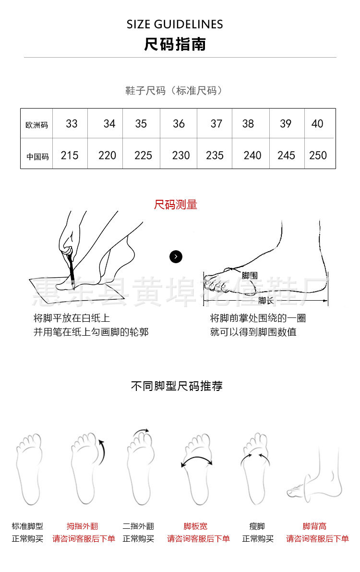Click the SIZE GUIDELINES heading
point(175,24)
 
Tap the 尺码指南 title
point(175,44)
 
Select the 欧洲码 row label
point(36,125)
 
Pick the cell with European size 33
point(72,124)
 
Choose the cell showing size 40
point(317,124)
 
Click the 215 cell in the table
point(70,156)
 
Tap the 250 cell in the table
point(318,156)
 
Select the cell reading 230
point(181,156)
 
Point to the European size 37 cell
point(216,124)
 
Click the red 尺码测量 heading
point(176,205)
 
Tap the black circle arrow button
point(176,257)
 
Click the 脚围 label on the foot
point(250,276)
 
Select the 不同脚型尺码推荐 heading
point(177,386)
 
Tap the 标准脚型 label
point(27,526)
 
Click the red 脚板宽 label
point(195,526)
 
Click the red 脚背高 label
point(314,526)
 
